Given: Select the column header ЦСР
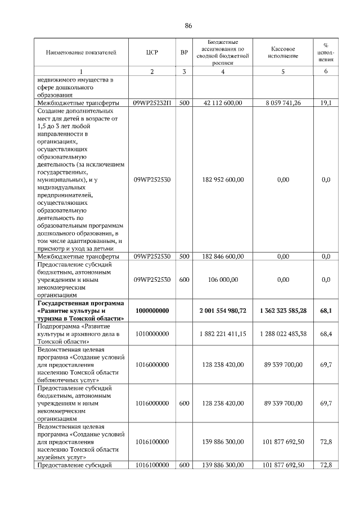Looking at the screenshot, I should [152, 53].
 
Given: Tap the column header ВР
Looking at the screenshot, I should [184, 53].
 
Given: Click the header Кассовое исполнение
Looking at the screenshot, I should [283, 53].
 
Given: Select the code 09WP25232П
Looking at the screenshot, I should [152, 103].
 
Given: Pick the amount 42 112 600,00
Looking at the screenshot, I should [223, 103].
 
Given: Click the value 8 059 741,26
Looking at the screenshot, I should [283, 103].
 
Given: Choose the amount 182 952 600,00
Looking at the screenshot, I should [223, 180].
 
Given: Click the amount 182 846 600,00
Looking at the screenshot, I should [223, 256].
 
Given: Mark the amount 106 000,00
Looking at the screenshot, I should [223, 280].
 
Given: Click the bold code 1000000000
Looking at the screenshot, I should [152, 310].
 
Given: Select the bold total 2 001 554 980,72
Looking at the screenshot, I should [223, 310].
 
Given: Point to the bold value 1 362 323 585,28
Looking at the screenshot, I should [283, 310].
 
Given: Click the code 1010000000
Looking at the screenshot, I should [152, 334].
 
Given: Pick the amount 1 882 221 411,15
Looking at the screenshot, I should [223, 334].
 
